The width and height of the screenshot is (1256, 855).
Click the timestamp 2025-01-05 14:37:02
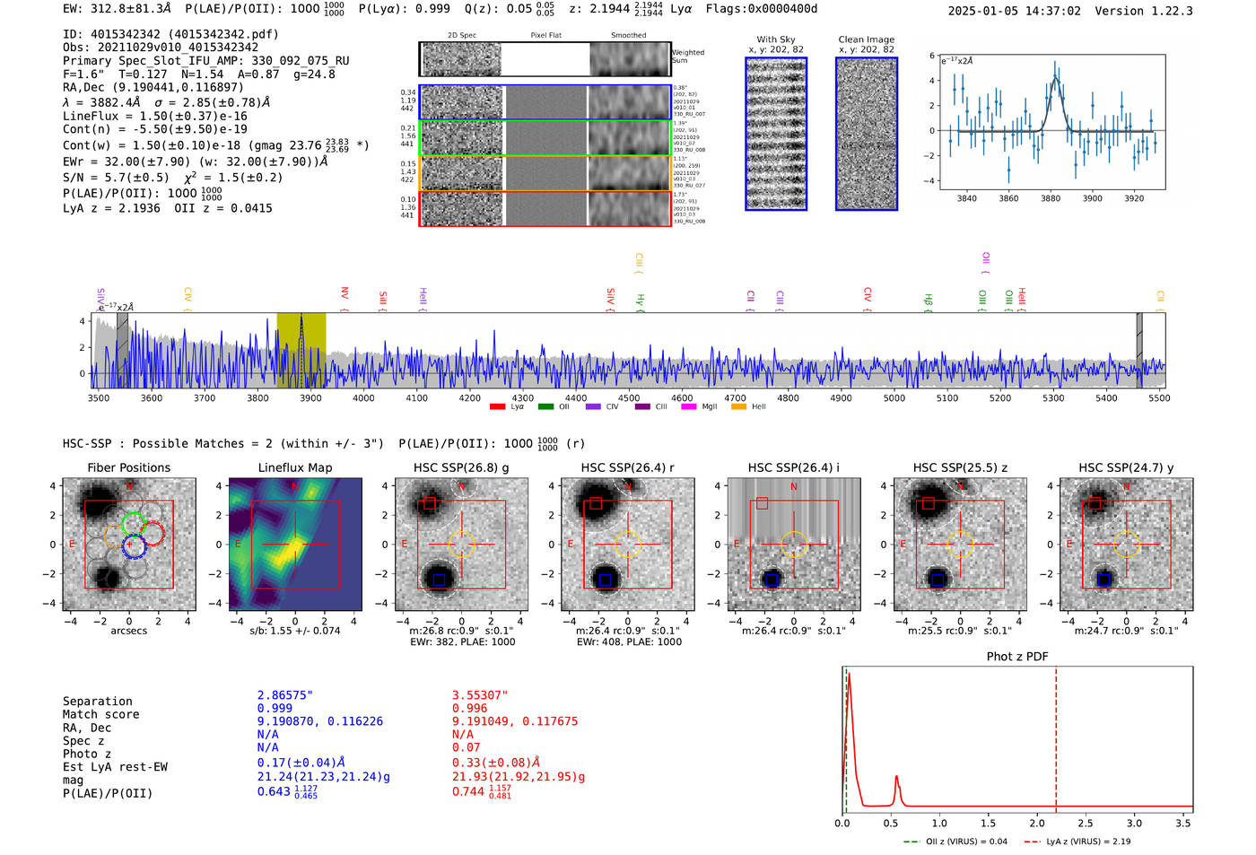coord(1014,11)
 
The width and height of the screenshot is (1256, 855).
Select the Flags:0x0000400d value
coord(761,8)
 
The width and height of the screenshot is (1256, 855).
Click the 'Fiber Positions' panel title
coord(128,467)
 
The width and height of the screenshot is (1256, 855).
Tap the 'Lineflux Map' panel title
coord(294,467)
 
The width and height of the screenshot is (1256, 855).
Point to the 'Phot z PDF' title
coord(1016,656)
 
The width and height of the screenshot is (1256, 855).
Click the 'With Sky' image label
coord(775,39)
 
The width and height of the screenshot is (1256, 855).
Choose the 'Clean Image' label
coord(866,39)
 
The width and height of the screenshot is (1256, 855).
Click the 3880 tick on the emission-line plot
coord(1050,198)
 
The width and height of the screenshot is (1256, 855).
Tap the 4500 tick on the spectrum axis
coord(629,397)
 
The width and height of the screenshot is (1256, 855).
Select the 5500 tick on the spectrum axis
coord(1159,397)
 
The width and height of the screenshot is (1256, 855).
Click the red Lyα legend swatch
coord(497,407)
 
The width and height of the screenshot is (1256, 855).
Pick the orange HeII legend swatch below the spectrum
coord(738,407)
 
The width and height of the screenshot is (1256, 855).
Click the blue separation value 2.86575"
coord(285,695)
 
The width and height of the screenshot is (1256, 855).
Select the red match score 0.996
coord(469,708)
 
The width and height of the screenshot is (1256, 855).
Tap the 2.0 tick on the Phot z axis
coord(1036,823)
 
